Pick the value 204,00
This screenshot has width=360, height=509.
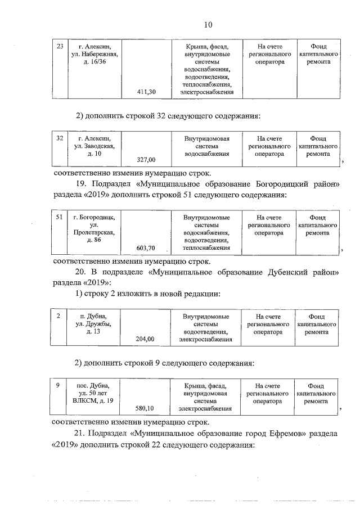click(146, 339)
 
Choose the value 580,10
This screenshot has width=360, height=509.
click(146, 408)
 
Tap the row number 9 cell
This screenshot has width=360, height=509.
click(58, 386)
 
